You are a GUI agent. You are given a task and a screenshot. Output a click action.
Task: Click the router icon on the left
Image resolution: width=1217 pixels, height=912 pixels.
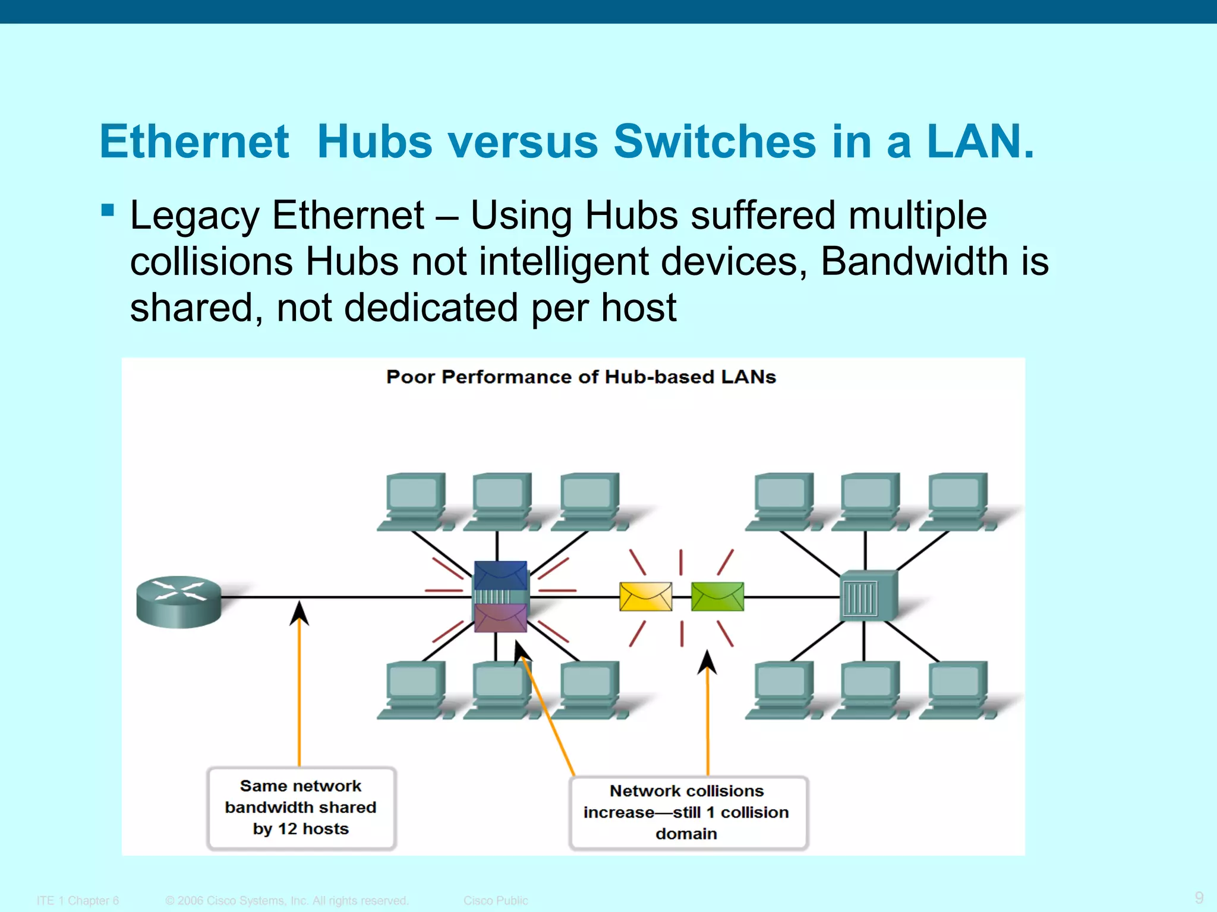pyautogui.click(x=178, y=601)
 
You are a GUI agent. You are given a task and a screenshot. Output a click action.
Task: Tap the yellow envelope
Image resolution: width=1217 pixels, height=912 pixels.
pyautogui.click(x=645, y=596)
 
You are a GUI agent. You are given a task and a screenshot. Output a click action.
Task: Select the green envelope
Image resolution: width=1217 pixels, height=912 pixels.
pyautogui.click(x=717, y=596)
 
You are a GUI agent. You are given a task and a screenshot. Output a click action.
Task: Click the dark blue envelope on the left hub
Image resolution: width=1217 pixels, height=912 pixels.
pyautogui.click(x=500, y=575)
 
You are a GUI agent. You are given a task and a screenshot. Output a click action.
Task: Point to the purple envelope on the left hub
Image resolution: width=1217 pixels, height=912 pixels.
pyautogui.click(x=500, y=618)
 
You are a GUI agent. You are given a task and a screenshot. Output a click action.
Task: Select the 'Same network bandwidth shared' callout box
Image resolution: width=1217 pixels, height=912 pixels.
pyautogui.click(x=301, y=807)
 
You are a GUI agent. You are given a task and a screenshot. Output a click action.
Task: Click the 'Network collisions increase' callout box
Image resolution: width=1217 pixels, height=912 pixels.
pyautogui.click(x=688, y=812)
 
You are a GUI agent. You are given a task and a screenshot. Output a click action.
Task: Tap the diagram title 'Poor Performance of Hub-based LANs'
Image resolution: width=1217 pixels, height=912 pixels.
pyautogui.click(x=581, y=377)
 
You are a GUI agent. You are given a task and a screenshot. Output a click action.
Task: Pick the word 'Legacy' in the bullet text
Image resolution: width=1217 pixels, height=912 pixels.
pyautogui.click(x=194, y=215)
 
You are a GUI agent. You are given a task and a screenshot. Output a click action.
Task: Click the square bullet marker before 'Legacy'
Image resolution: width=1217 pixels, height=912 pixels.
pyautogui.click(x=108, y=210)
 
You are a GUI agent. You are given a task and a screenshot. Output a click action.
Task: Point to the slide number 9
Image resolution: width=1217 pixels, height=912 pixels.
pyautogui.click(x=1199, y=897)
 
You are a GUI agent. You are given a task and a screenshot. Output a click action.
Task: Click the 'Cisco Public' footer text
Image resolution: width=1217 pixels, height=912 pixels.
pyautogui.click(x=496, y=900)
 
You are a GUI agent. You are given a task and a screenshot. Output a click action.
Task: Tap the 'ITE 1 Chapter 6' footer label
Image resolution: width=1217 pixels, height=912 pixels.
pyautogui.click(x=78, y=900)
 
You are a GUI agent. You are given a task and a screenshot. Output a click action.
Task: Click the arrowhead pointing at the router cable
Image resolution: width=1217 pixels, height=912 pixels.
pyautogui.click(x=299, y=613)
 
